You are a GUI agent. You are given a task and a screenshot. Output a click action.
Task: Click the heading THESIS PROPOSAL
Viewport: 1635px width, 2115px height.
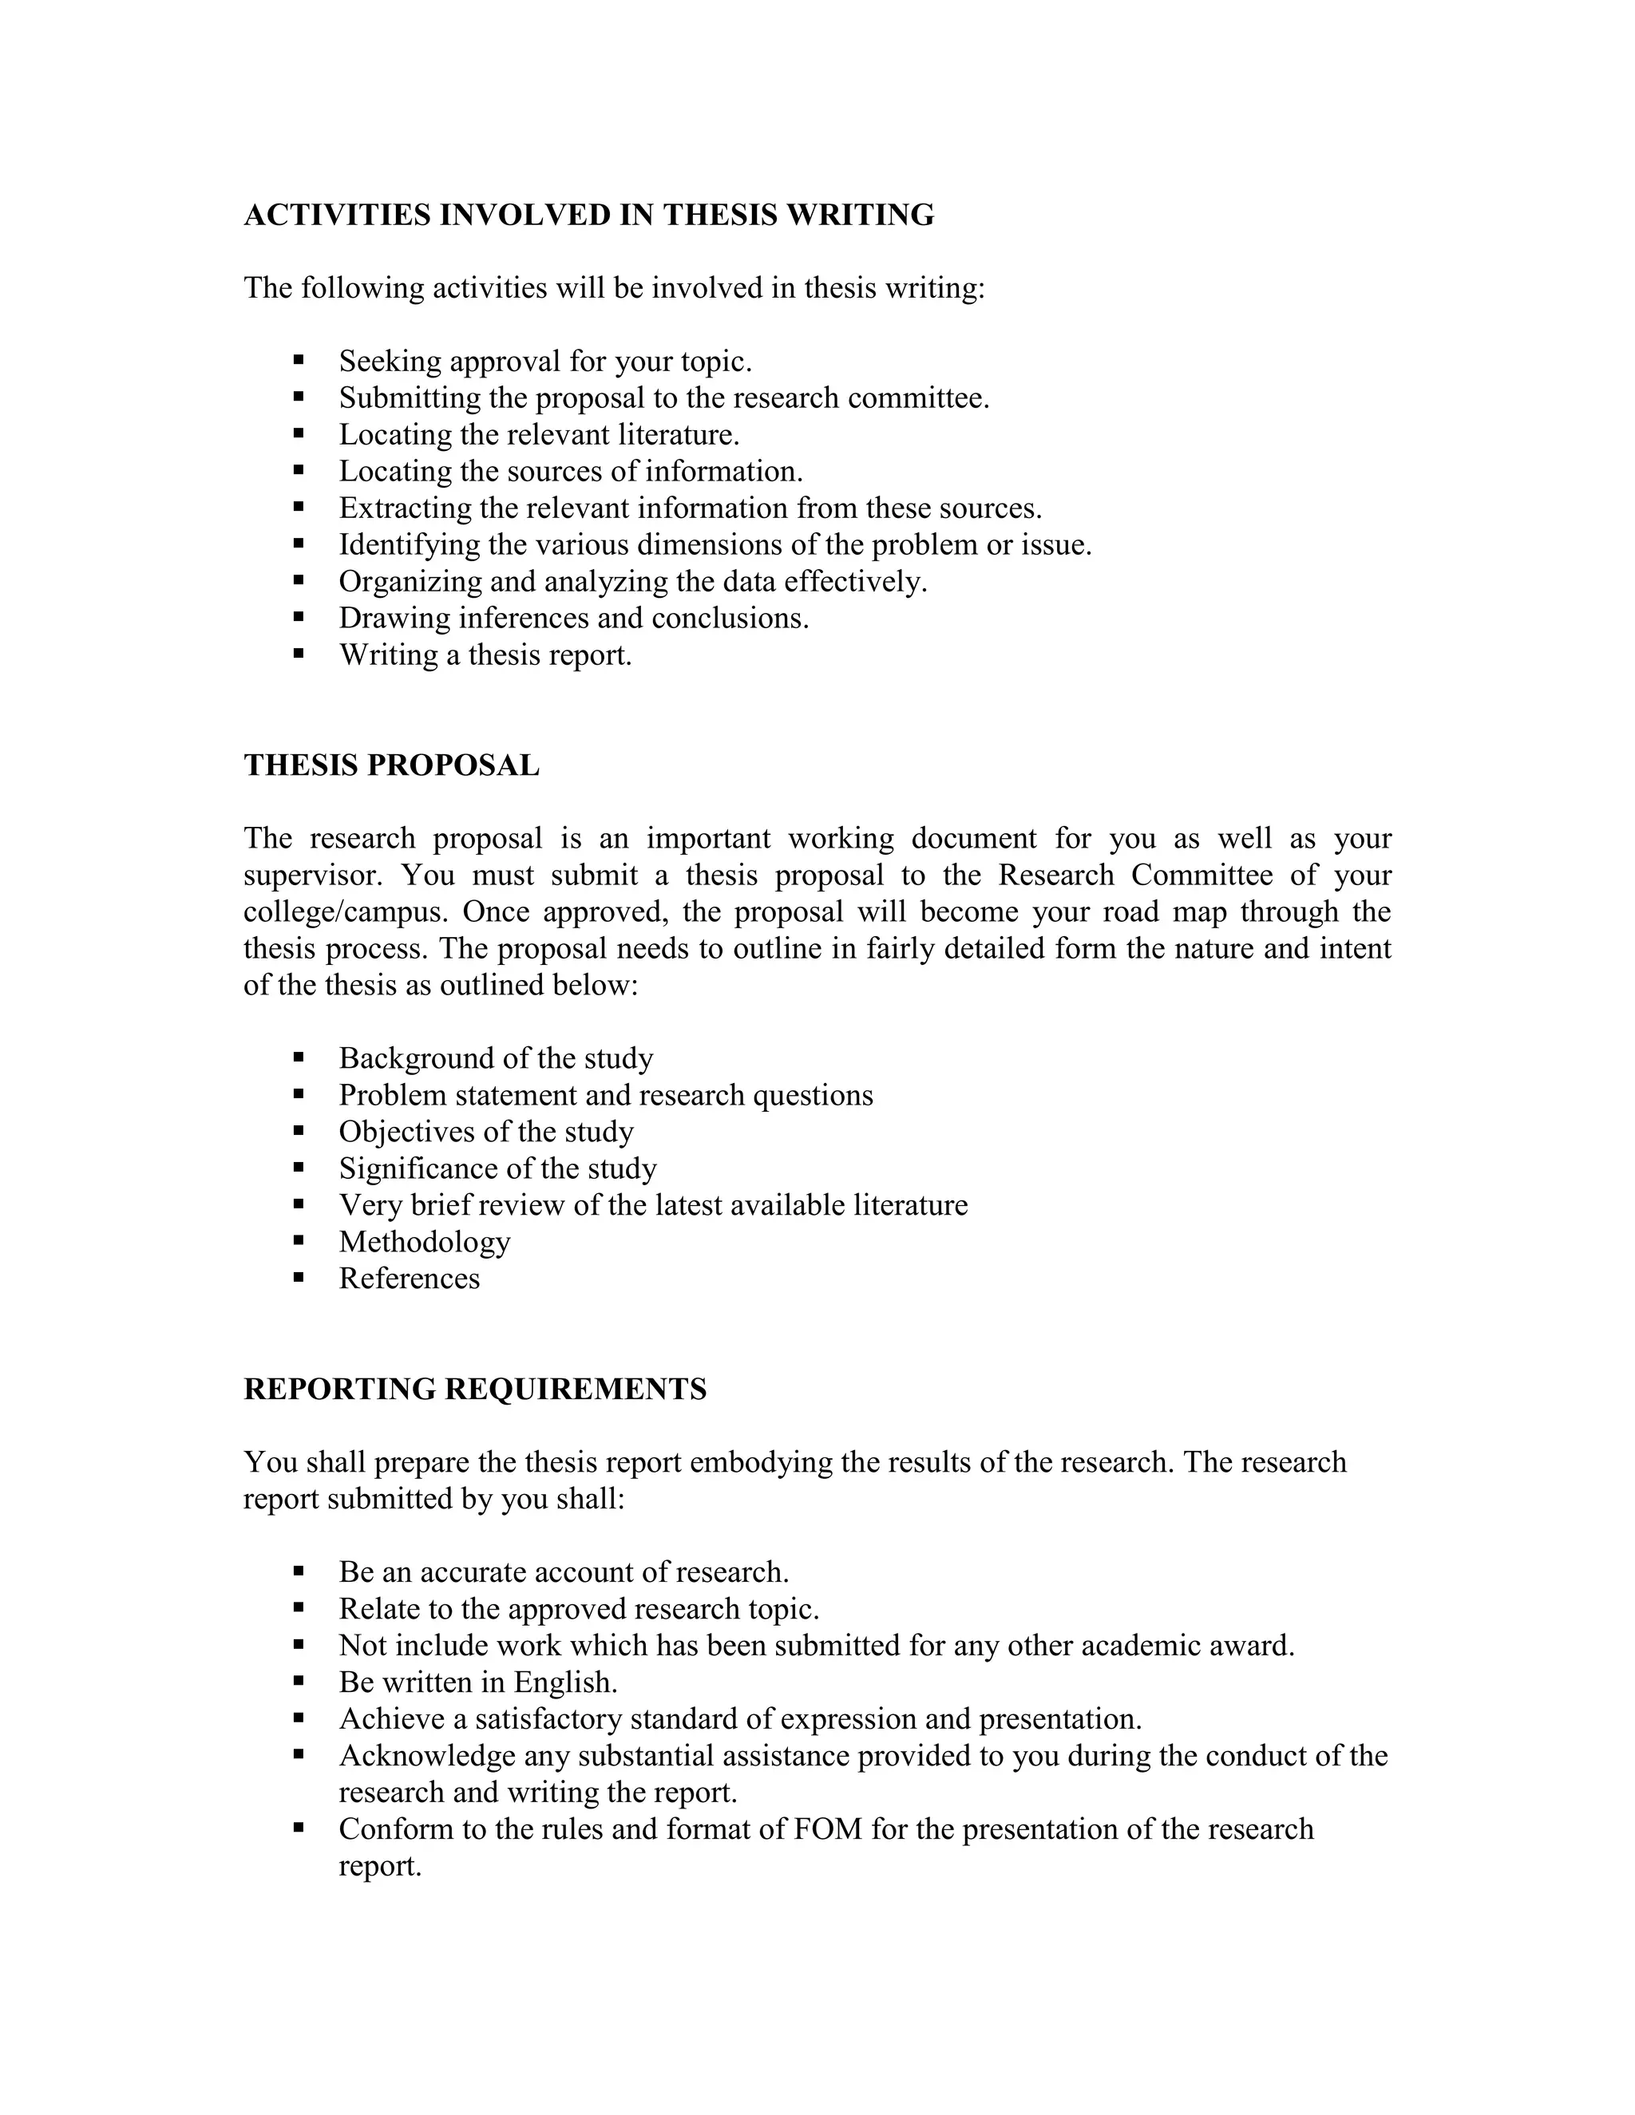tap(391, 765)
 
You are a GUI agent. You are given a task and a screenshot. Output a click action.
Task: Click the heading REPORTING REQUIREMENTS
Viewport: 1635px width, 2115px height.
tap(475, 1389)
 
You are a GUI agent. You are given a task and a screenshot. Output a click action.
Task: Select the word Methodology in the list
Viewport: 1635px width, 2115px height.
tap(424, 1242)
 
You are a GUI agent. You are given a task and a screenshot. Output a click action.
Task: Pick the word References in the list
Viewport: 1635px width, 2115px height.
tap(409, 1279)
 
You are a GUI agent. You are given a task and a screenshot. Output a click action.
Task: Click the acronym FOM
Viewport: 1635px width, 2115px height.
tap(827, 1829)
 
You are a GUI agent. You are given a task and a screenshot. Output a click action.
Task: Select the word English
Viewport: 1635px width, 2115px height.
tap(566, 1682)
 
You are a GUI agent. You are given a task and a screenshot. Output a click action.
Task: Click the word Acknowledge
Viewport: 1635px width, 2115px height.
tap(426, 1756)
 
